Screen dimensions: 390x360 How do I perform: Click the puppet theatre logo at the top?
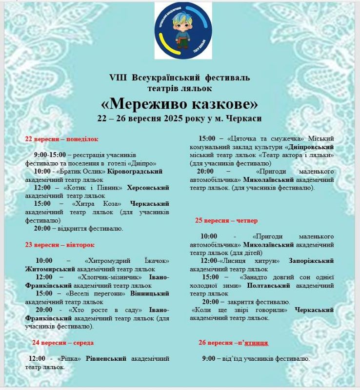click(183, 30)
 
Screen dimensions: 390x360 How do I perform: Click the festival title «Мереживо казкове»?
click(180, 104)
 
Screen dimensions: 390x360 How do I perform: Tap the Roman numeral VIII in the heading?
click(117, 78)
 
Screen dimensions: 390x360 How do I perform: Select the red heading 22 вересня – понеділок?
click(61, 139)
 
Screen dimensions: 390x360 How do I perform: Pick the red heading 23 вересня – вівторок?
click(60, 244)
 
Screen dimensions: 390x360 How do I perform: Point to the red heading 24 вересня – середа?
click(63, 343)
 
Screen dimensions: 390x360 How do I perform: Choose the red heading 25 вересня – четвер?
click(226, 220)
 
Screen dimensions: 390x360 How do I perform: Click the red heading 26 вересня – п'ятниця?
click(233, 343)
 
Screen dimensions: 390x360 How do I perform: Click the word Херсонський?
click(148, 188)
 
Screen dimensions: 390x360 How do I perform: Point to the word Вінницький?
click(150, 293)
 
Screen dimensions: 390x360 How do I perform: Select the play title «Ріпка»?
click(69, 359)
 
